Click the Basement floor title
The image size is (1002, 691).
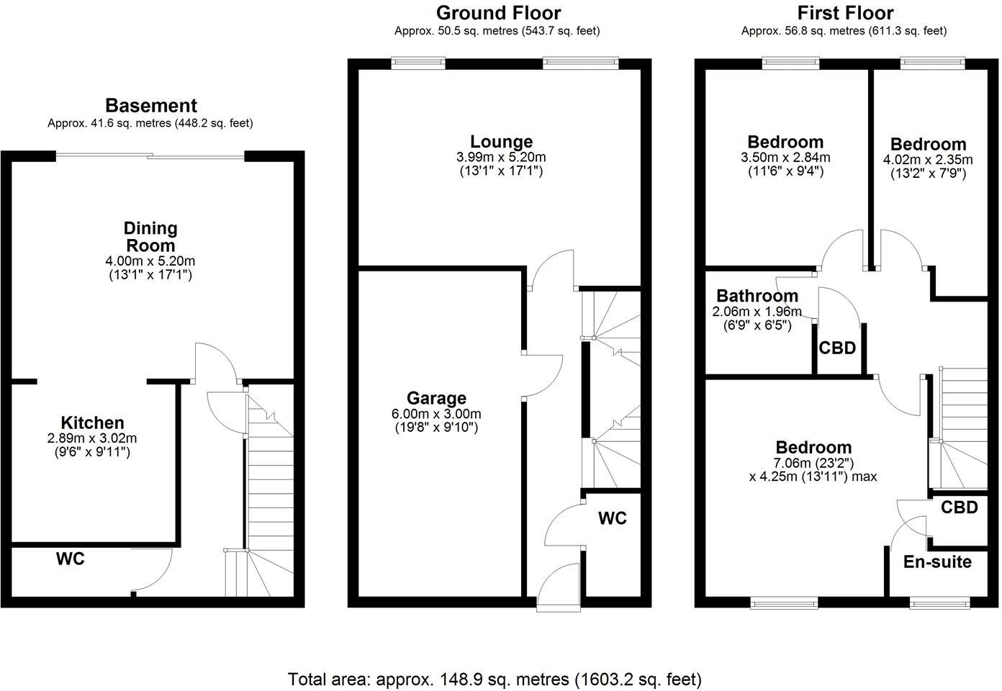(150, 106)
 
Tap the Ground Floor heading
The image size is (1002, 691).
(498, 13)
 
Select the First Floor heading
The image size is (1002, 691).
(845, 13)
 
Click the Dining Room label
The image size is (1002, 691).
(150, 237)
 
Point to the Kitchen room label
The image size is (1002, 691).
(92, 423)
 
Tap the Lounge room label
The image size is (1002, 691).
(501, 142)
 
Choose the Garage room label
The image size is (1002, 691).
(436, 398)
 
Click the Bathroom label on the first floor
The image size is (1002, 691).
(757, 296)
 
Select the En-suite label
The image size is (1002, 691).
(937, 562)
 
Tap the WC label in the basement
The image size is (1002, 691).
(71, 559)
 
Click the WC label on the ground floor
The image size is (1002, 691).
(612, 518)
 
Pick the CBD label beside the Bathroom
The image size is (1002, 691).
(837, 348)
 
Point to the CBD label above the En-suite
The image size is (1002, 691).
(960, 507)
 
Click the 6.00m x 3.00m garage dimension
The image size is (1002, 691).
(436, 414)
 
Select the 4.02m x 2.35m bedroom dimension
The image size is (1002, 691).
(928, 160)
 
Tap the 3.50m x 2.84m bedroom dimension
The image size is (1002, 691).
(785, 158)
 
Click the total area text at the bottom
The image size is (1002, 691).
(495, 679)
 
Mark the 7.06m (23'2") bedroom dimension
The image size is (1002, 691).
(813, 462)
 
